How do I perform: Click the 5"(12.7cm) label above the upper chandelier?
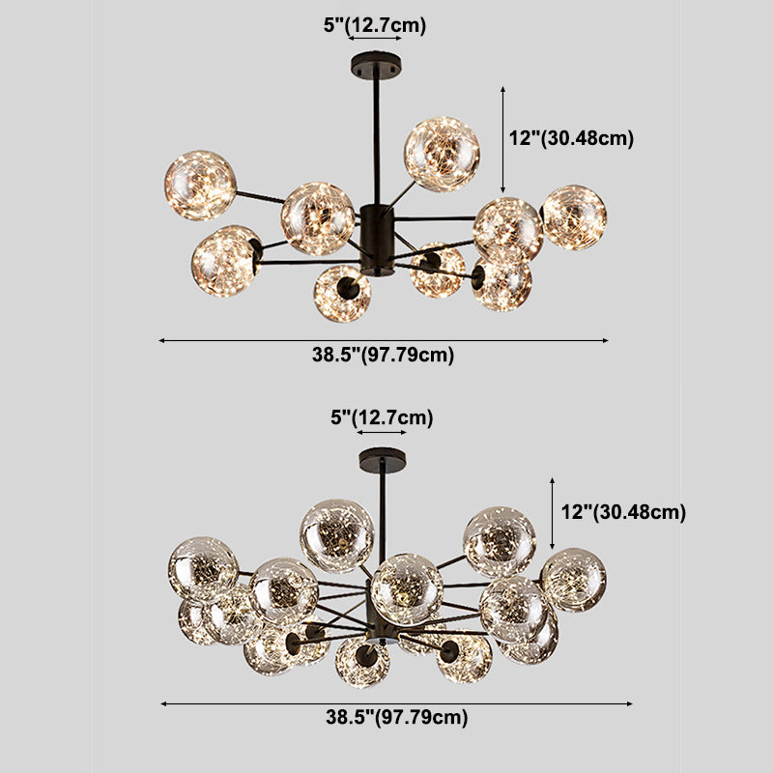point(375,25)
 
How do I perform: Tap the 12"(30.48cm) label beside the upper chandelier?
point(571,138)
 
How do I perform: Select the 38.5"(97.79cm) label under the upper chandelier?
point(383,355)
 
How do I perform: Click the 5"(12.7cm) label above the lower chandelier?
point(382,417)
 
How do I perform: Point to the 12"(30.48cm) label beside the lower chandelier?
point(623,512)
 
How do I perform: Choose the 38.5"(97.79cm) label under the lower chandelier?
point(397,717)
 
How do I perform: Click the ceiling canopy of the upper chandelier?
point(376,64)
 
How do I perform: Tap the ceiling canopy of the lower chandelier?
point(383,458)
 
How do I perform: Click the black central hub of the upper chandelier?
point(377,241)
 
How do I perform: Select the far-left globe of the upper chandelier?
point(200,186)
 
